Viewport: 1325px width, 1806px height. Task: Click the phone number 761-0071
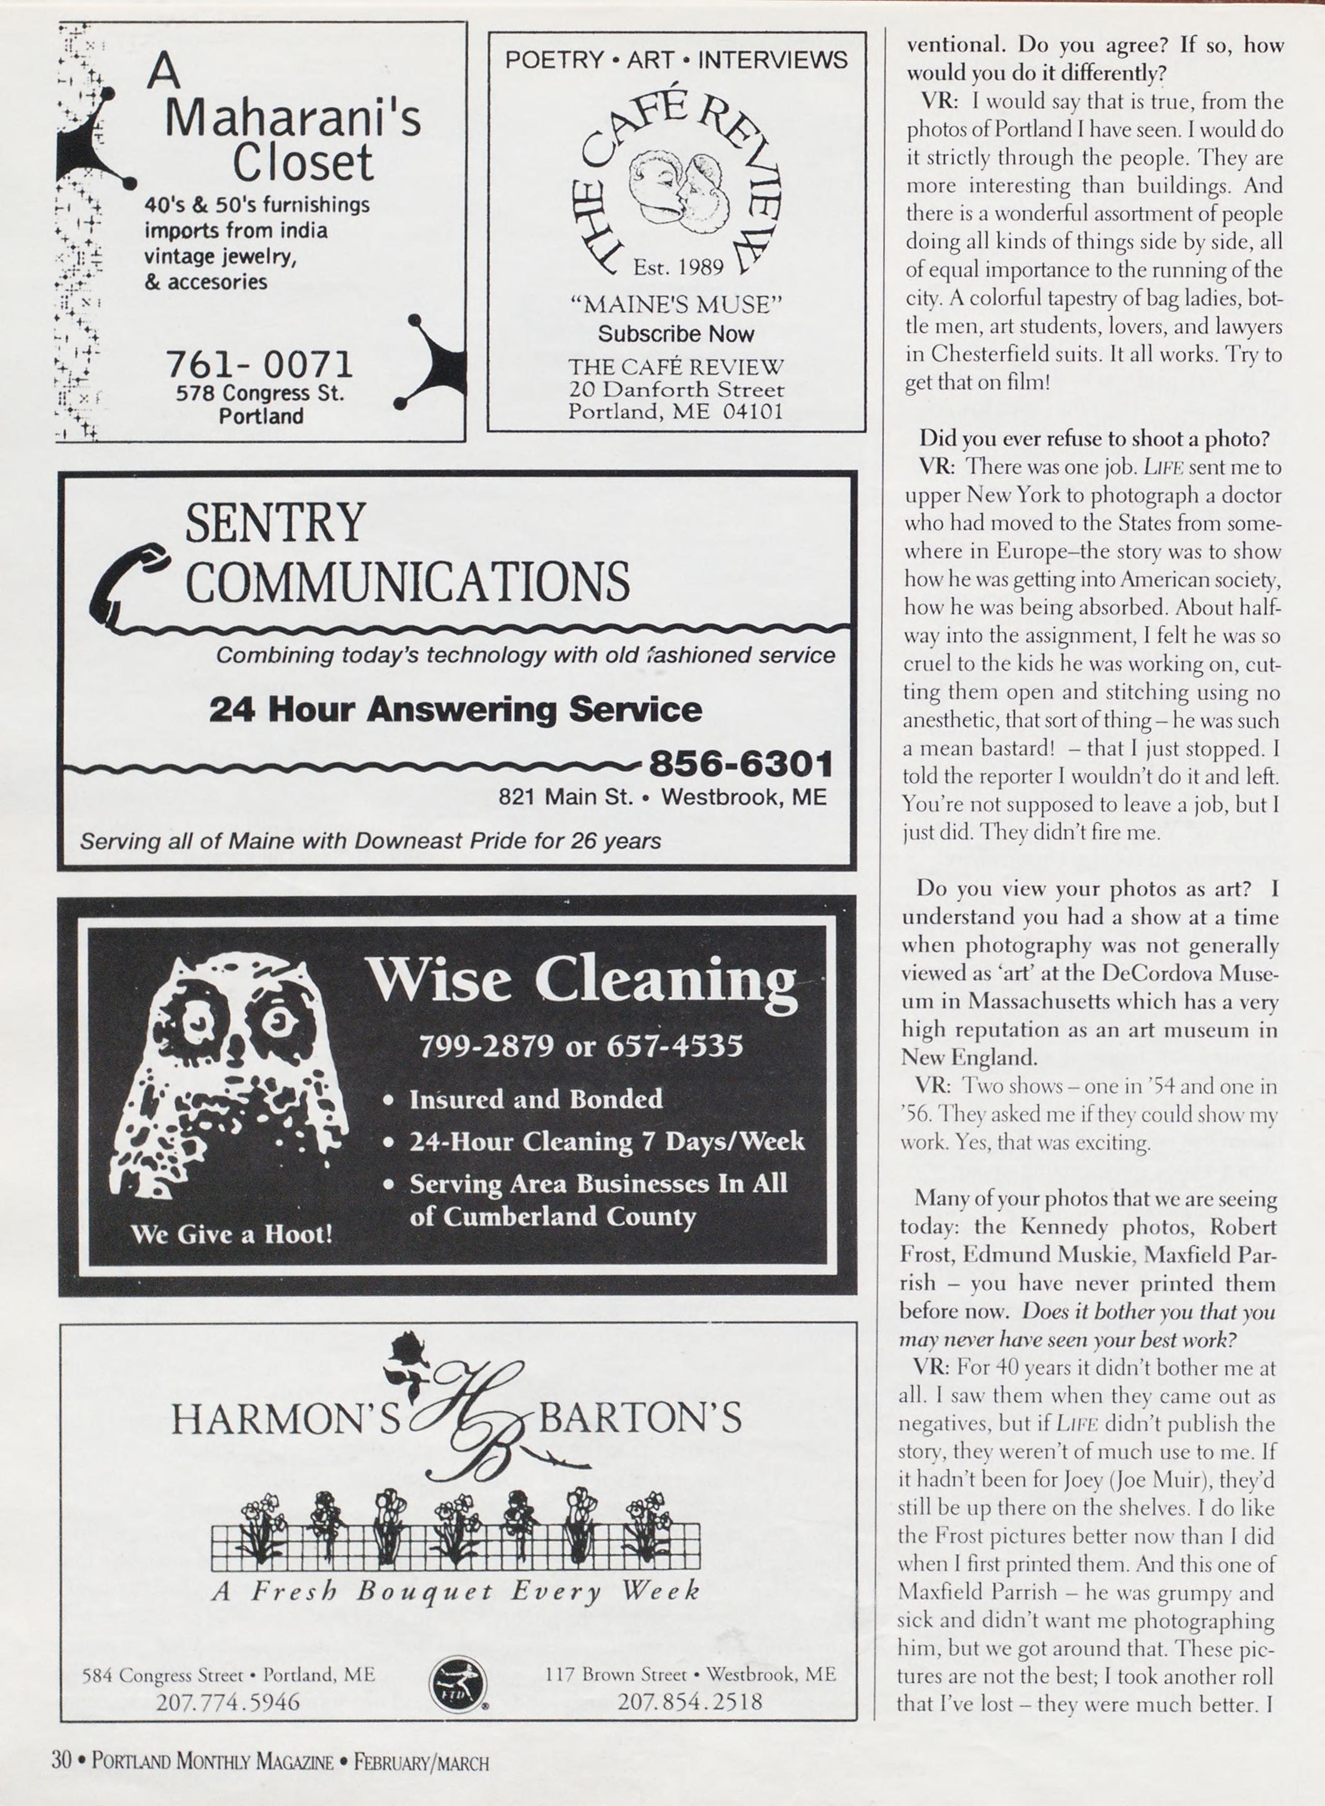[x=259, y=365]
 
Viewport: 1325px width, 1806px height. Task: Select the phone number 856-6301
[x=740, y=764]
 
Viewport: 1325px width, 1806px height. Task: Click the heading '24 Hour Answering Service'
[x=455, y=709]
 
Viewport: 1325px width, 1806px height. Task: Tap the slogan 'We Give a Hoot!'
[x=231, y=1233]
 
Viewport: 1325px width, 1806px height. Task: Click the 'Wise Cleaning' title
[x=582, y=981]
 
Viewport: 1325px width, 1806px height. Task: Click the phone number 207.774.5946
[x=228, y=1701]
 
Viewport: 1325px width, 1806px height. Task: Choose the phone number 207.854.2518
[x=690, y=1701]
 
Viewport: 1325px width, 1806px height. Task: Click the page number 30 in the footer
[x=62, y=1761]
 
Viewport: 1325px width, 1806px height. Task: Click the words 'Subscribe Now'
[x=676, y=334]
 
